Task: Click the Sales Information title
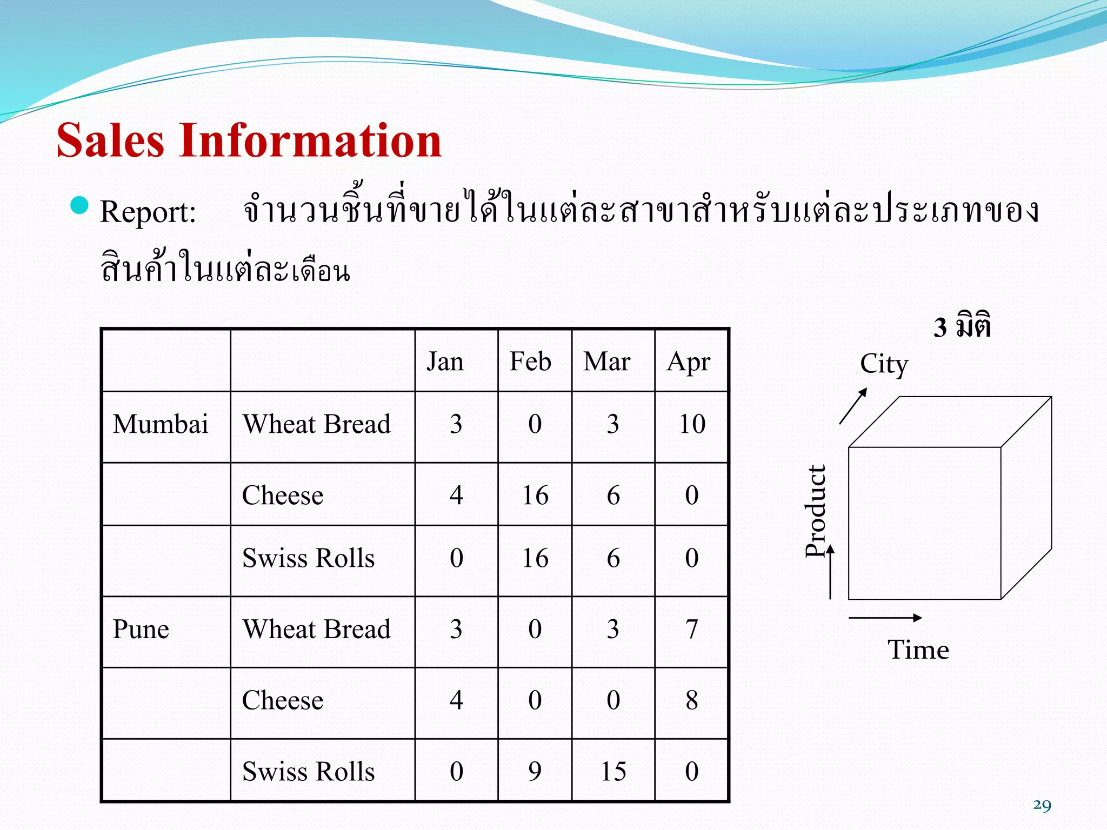(249, 140)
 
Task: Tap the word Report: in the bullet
(148, 211)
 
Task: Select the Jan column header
(445, 361)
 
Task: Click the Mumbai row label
(161, 424)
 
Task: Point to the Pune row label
(141, 629)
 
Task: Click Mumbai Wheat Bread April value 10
(692, 424)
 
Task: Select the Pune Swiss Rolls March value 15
(613, 771)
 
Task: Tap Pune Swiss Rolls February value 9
(535, 771)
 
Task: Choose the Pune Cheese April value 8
(692, 700)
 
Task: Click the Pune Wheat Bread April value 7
(692, 629)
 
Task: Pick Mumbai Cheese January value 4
(456, 495)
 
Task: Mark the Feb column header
(530, 361)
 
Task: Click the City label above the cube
(884, 364)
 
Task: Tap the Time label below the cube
(918, 649)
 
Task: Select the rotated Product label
(816, 511)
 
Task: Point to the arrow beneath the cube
(885, 618)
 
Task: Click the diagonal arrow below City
(853, 406)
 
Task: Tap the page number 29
(1042, 805)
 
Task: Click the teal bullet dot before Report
(79, 205)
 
